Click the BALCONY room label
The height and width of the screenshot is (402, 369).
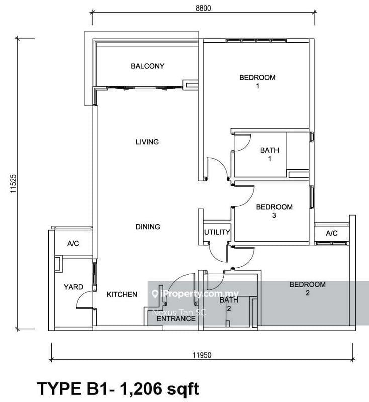click(x=147, y=66)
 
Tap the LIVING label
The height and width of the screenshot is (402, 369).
click(x=147, y=142)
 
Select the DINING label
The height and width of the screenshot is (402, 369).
click(x=147, y=227)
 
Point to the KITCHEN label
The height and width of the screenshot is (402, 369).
click(x=122, y=295)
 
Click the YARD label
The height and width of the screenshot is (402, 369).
click(x=73, y=287)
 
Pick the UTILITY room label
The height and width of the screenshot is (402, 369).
click(x=217, y=233)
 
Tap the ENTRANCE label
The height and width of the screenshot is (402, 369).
click(x=175, y=318)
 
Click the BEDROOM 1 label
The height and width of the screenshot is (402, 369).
click(x=257, y=82)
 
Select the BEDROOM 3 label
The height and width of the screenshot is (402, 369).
click(x=274, y=211)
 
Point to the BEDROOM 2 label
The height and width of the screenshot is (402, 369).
click(x=307, y=289)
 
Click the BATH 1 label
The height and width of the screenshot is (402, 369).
click(x=269, y=154)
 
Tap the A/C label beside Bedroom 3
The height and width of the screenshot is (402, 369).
click(x=331, y=233)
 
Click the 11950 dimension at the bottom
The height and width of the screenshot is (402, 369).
click(x=202, y=355)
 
